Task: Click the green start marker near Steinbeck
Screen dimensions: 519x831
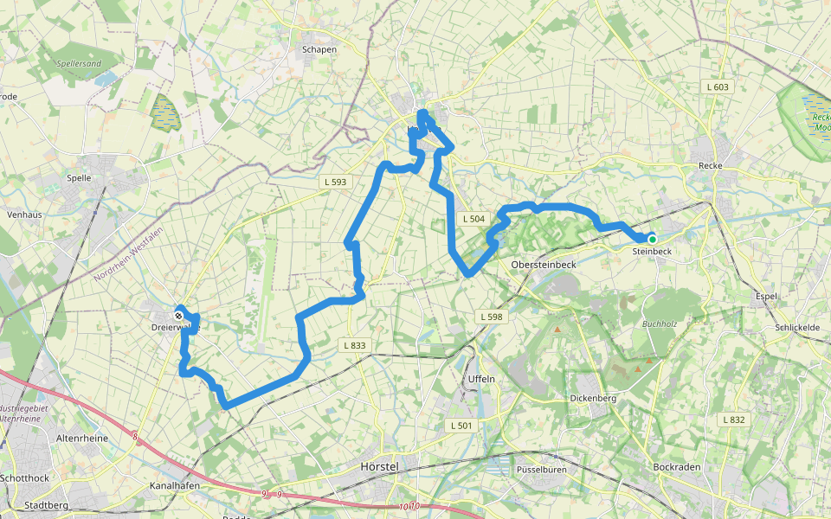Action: (652, 239)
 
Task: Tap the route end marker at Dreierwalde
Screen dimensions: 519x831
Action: (178, 316)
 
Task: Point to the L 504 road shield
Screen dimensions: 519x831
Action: (473, 219)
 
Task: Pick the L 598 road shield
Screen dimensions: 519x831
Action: (491, 317)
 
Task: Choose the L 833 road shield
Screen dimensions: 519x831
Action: (354, 345)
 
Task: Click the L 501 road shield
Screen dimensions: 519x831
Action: (461, 426)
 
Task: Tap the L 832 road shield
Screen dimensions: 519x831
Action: (733, 420)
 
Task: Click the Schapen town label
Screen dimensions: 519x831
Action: (319, 49)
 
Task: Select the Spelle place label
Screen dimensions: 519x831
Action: (79, 177)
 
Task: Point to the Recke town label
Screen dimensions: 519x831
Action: (710, 165)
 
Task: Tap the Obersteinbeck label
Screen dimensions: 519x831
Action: (544, 264)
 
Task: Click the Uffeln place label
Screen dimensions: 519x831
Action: (481, 379)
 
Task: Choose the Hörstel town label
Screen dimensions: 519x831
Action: (378, 466)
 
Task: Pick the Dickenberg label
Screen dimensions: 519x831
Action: (593, 399)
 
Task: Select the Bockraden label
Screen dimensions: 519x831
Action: (676, 467)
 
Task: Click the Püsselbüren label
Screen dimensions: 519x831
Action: (539, 469)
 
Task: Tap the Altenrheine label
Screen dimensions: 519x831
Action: (82, 439)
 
